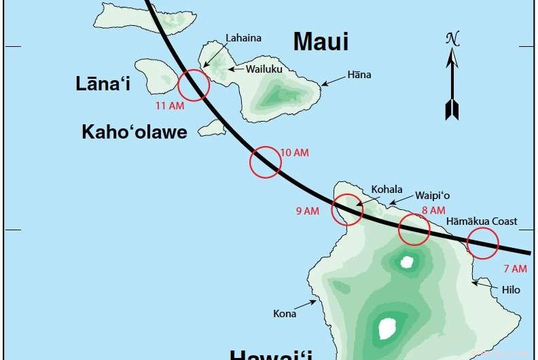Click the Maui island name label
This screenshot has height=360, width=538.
pos(321,41)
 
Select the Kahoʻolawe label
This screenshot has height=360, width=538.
pos(134,132)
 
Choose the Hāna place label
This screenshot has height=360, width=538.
pos(358,75)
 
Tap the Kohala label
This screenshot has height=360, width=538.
pos(387,190)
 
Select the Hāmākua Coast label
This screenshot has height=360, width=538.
pos(482,221)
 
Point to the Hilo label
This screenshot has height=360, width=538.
pos(511,290)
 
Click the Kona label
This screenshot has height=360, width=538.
pos(285,314)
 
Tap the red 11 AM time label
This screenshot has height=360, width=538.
pos(170,106)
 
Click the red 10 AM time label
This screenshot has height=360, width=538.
pos(294,153)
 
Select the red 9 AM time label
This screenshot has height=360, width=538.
pos(307,211)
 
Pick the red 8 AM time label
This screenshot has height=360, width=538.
pos(433,211)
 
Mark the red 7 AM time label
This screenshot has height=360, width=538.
pos(515,269)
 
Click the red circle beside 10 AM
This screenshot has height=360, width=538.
pos(265,162)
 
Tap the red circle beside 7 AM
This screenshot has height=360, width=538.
pos(483,243)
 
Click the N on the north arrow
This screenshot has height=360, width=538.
pos(451,39)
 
